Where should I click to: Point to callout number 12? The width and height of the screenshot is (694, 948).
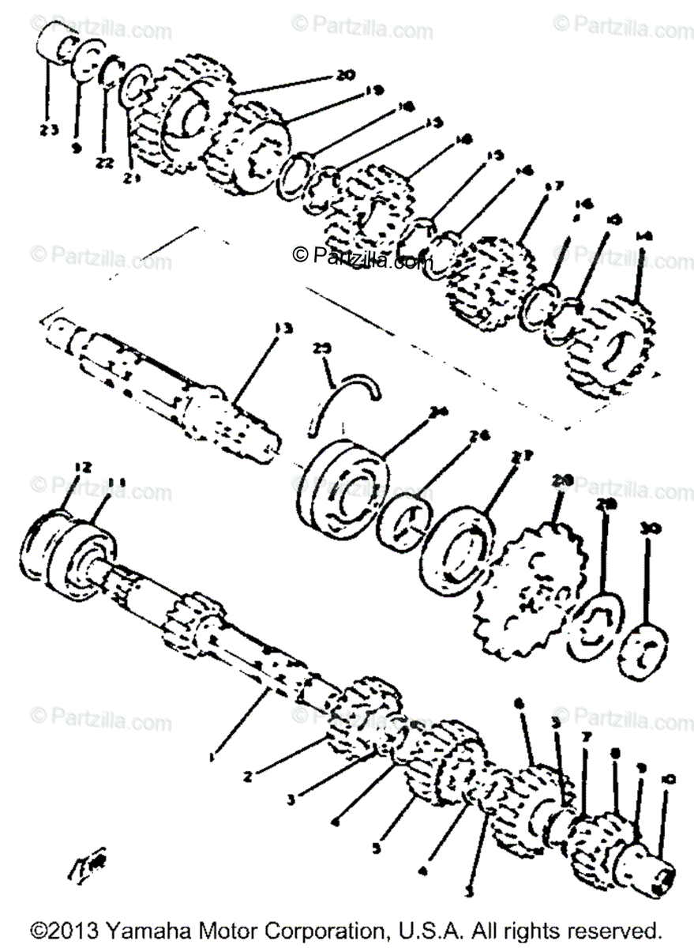(x=83, y=468)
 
